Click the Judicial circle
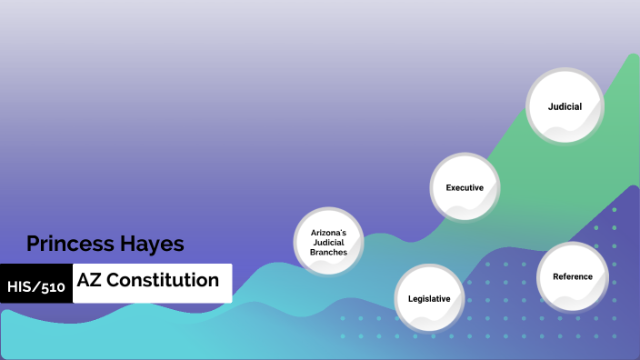click(565, 106)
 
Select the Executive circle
click(464, 187)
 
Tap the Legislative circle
click(429, 298)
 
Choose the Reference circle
click(572, 276)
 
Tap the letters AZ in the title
click(89, 280)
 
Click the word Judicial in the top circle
click(565, 106)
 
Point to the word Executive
click(464, 187)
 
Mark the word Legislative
click(429, 298)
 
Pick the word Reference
click(572, 276)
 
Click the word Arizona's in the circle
click(327, 233)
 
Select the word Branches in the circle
click(327, 252)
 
